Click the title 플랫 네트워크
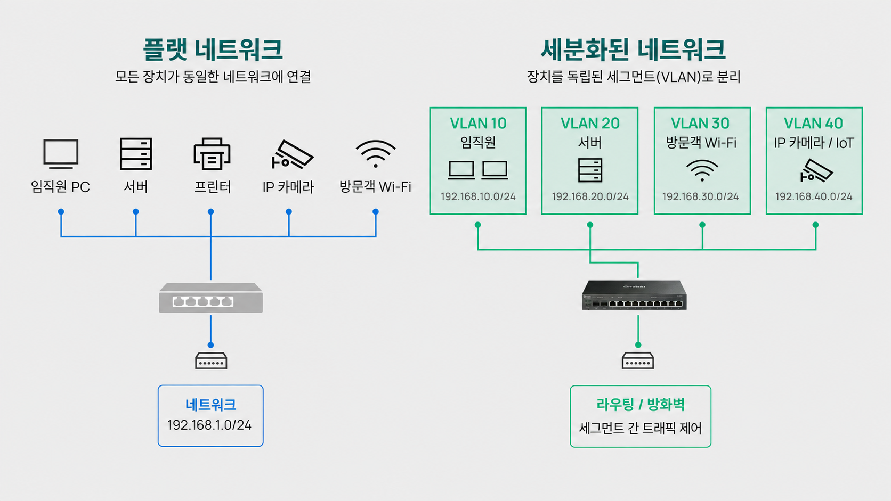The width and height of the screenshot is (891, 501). [x=213, y=50]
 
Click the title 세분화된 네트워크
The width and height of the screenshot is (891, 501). [x=633, y=50]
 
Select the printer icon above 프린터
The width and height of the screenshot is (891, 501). [x=212, y=154]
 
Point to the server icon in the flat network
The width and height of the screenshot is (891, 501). [x=136, y=154]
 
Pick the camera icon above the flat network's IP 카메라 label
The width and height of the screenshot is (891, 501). [x=292, y=155]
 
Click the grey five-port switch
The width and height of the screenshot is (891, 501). [x=211, y=298]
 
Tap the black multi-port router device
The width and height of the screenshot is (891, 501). [x=635, y=295]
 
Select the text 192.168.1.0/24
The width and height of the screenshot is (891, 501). [x=209, y=425]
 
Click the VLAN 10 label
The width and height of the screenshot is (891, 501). [x=478, y=124]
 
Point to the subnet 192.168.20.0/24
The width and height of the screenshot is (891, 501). [x=590, y=196]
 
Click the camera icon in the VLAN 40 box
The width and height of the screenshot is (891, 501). [x=816, y=171]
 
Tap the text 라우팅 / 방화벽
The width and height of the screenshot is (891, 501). [x=641, y=405]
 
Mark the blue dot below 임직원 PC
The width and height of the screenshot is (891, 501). [x=61, y=212]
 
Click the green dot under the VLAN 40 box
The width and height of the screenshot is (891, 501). [x=815, y=225]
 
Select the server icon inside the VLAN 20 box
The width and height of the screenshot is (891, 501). [x=590, y=170]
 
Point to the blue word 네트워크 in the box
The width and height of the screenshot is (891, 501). [x=210, y=405]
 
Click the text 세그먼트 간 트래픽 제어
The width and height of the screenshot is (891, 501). [x=641, y=428]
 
